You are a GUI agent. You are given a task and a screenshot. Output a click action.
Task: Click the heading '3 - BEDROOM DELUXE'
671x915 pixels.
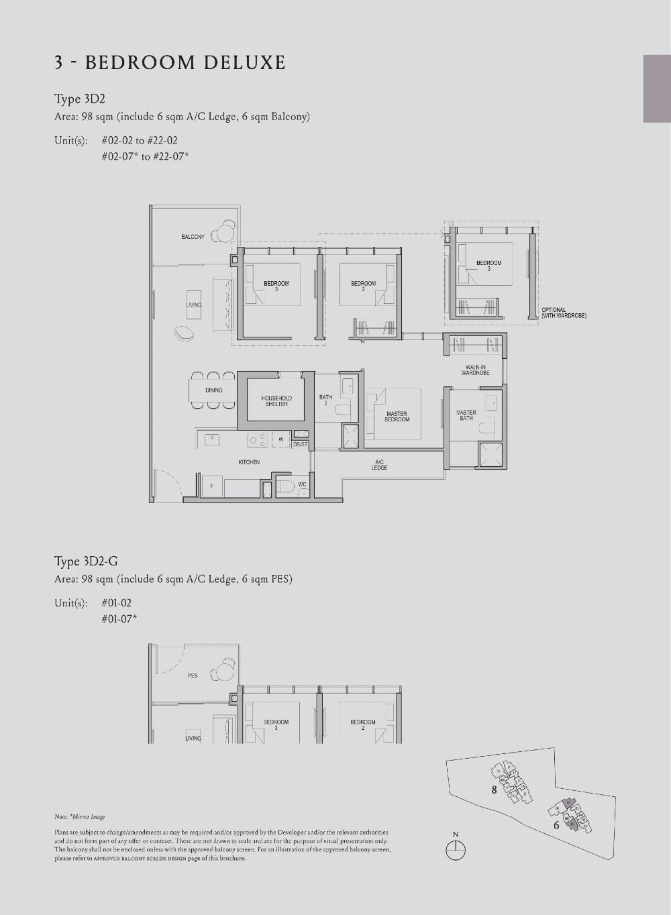click(170, 63)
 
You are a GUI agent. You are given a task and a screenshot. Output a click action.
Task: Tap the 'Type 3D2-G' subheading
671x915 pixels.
click(86, 561)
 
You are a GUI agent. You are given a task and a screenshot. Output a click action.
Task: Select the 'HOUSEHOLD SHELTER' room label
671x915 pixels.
click(276, 401)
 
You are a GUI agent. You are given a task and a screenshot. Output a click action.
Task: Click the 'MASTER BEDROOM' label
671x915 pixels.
click(397, 417)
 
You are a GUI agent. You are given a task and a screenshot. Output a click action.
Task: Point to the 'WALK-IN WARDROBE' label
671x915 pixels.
click(475, 370)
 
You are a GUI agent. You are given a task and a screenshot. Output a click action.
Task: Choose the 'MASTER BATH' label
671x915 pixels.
click(466, 415)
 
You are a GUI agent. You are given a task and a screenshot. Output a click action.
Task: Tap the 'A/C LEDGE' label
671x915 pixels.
click(379, 465)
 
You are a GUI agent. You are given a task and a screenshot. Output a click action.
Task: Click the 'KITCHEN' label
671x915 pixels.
click(249, 462)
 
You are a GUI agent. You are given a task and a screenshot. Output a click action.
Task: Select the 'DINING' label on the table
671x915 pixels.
click(214, 390)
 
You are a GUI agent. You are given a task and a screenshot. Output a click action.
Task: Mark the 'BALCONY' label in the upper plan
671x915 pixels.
click(193, 237)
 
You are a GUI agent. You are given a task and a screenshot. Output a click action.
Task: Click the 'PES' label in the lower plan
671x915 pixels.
click(193, 676)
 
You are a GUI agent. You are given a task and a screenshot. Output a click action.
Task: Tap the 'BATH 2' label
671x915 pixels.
click(325, 400)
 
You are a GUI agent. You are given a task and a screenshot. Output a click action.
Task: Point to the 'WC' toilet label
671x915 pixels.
click(302, 484)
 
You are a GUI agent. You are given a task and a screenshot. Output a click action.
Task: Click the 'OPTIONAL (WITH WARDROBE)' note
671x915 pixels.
click(564, 313)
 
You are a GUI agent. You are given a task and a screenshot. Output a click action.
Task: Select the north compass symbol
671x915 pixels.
click(456, 848)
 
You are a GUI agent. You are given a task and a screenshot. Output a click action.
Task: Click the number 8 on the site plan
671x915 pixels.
click(495, 790)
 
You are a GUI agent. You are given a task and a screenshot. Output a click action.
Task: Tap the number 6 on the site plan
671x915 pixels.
click(556, 826)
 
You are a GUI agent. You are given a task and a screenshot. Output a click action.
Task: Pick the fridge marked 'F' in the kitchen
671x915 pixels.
click(212, 485)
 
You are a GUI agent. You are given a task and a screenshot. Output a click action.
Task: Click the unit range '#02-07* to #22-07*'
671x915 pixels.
click(146, 156)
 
